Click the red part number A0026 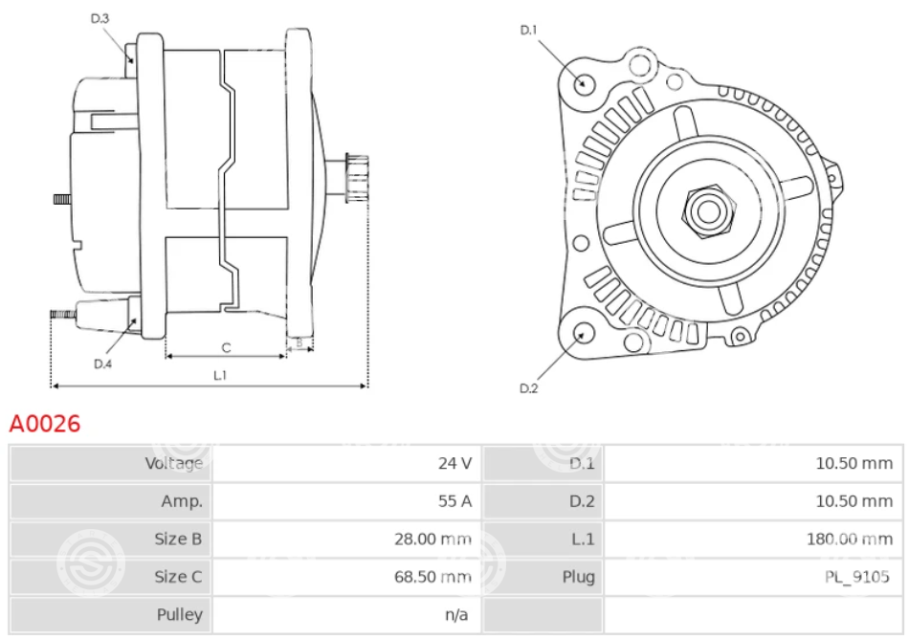[x=45, y=424]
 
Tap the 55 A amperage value [x=454, y=501]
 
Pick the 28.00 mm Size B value [x=432, y=539]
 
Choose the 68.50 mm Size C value [x=432, y=577]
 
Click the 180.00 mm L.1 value [x=850, y=539]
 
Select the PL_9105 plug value [x=856, y=577]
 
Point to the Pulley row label [x=180, y=615]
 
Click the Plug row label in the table [x=579, y=577]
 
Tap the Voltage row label [x=174, y=463]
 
